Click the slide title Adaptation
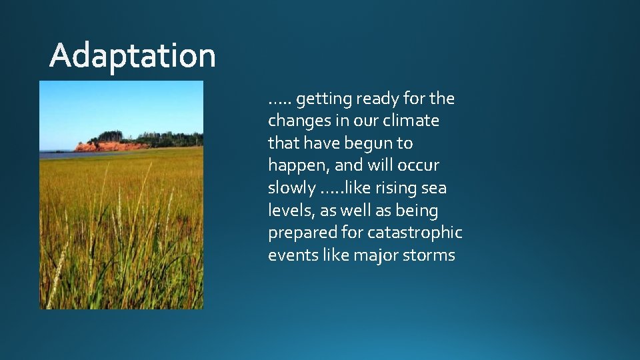pyautogui.click(x=133, y=56)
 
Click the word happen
pyautogui.click(x=295, y=166)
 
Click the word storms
pyautogui.click(x=428, y=255)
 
